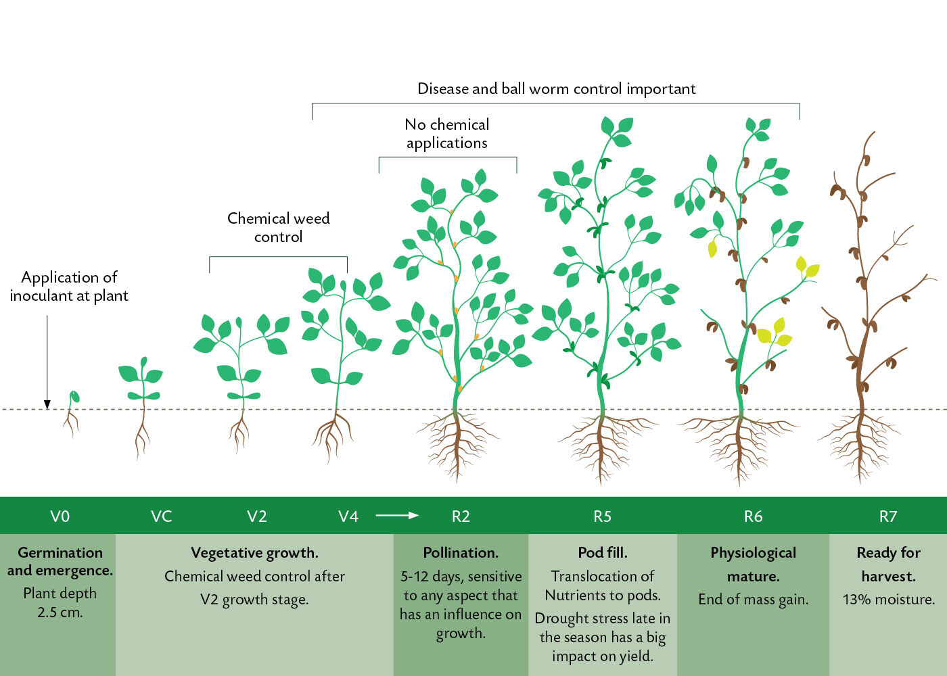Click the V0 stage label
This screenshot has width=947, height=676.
click(x=60, y=516)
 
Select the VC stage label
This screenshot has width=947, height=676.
click(x=162, y=516)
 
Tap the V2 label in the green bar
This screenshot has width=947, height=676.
click(x=257, y=516)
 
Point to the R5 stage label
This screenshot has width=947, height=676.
click(x=603, y=516)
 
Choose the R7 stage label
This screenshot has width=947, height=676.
click(x=887, y=516)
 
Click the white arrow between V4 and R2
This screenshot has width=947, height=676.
click(x=397, y=515)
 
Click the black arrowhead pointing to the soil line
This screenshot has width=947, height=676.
click(x=47, y=404)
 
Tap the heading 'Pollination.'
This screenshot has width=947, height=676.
click(x=461, y=553)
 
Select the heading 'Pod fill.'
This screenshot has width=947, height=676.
click(x=603, y=553)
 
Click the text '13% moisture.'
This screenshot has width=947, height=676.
click(x=888, y=599)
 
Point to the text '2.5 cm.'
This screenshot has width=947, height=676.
click(x=60, y=612)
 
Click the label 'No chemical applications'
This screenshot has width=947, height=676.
click(x=447, y=134)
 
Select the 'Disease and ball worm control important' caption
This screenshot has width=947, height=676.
click(x=556, y=89)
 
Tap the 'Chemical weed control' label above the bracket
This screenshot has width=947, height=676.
click(x=279, y=227)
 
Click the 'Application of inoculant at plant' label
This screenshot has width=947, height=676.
click(x=69, y=287)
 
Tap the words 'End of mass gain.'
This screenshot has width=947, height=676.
click(x=753, y=599)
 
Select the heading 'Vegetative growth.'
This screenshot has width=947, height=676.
click(x=254, y=553)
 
